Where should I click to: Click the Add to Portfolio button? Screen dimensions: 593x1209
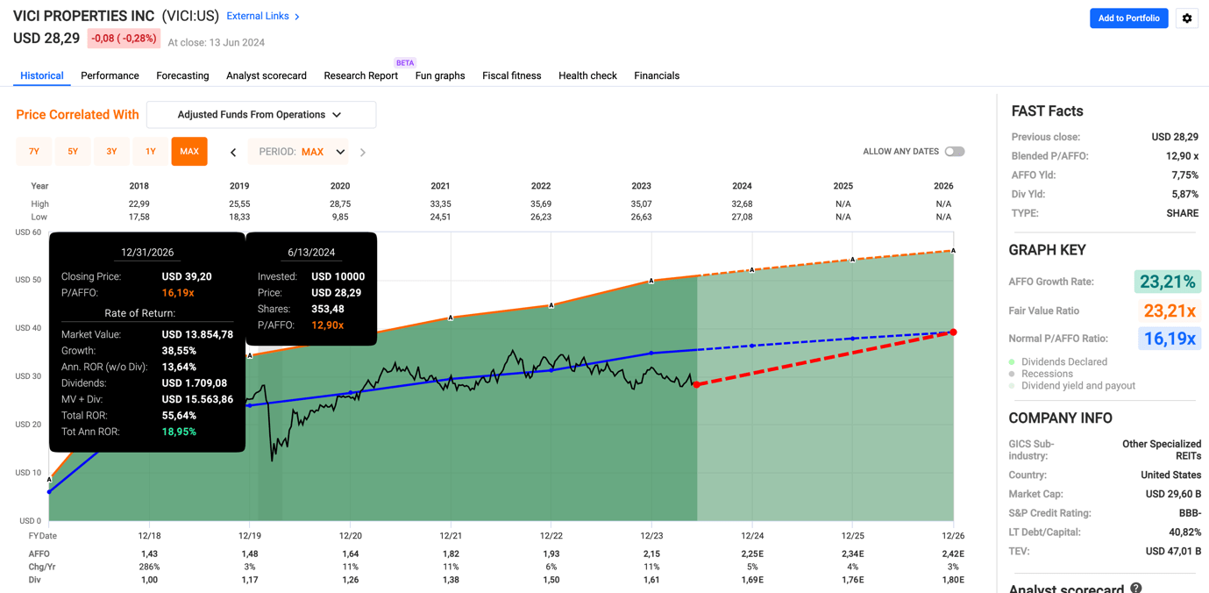coord(1128,18)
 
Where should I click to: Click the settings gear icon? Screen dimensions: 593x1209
coord(1187,18)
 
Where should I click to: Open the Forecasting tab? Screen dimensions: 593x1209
coord(182,76)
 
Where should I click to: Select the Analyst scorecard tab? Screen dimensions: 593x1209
coord(267,76)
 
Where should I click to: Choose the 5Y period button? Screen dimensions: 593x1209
coord(73,152)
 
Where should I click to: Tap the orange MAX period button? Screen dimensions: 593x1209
coord(189,152)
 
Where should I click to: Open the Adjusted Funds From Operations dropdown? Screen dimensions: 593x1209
coord(260,115)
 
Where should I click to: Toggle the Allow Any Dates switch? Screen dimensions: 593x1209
coord(955,152)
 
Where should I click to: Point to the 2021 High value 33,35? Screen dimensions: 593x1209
coord(440,204)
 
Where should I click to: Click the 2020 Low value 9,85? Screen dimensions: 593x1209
coord(340,218)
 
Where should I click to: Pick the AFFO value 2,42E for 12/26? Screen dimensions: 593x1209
coord(953,554)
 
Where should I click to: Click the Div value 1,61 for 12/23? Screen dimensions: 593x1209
coord(651,580)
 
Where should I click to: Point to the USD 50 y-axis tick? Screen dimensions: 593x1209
coord(28,280)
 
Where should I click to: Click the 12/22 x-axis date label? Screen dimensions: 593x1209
coord(551,536)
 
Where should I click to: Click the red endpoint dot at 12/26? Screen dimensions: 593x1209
coord(953,332)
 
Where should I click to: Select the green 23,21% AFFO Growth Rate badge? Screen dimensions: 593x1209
coord(1167,282)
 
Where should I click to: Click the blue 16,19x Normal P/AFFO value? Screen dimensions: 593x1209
coord(1170,339)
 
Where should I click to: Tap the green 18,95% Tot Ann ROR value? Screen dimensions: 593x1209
coord(179,432)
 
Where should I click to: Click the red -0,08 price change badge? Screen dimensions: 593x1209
coord(124,39)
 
